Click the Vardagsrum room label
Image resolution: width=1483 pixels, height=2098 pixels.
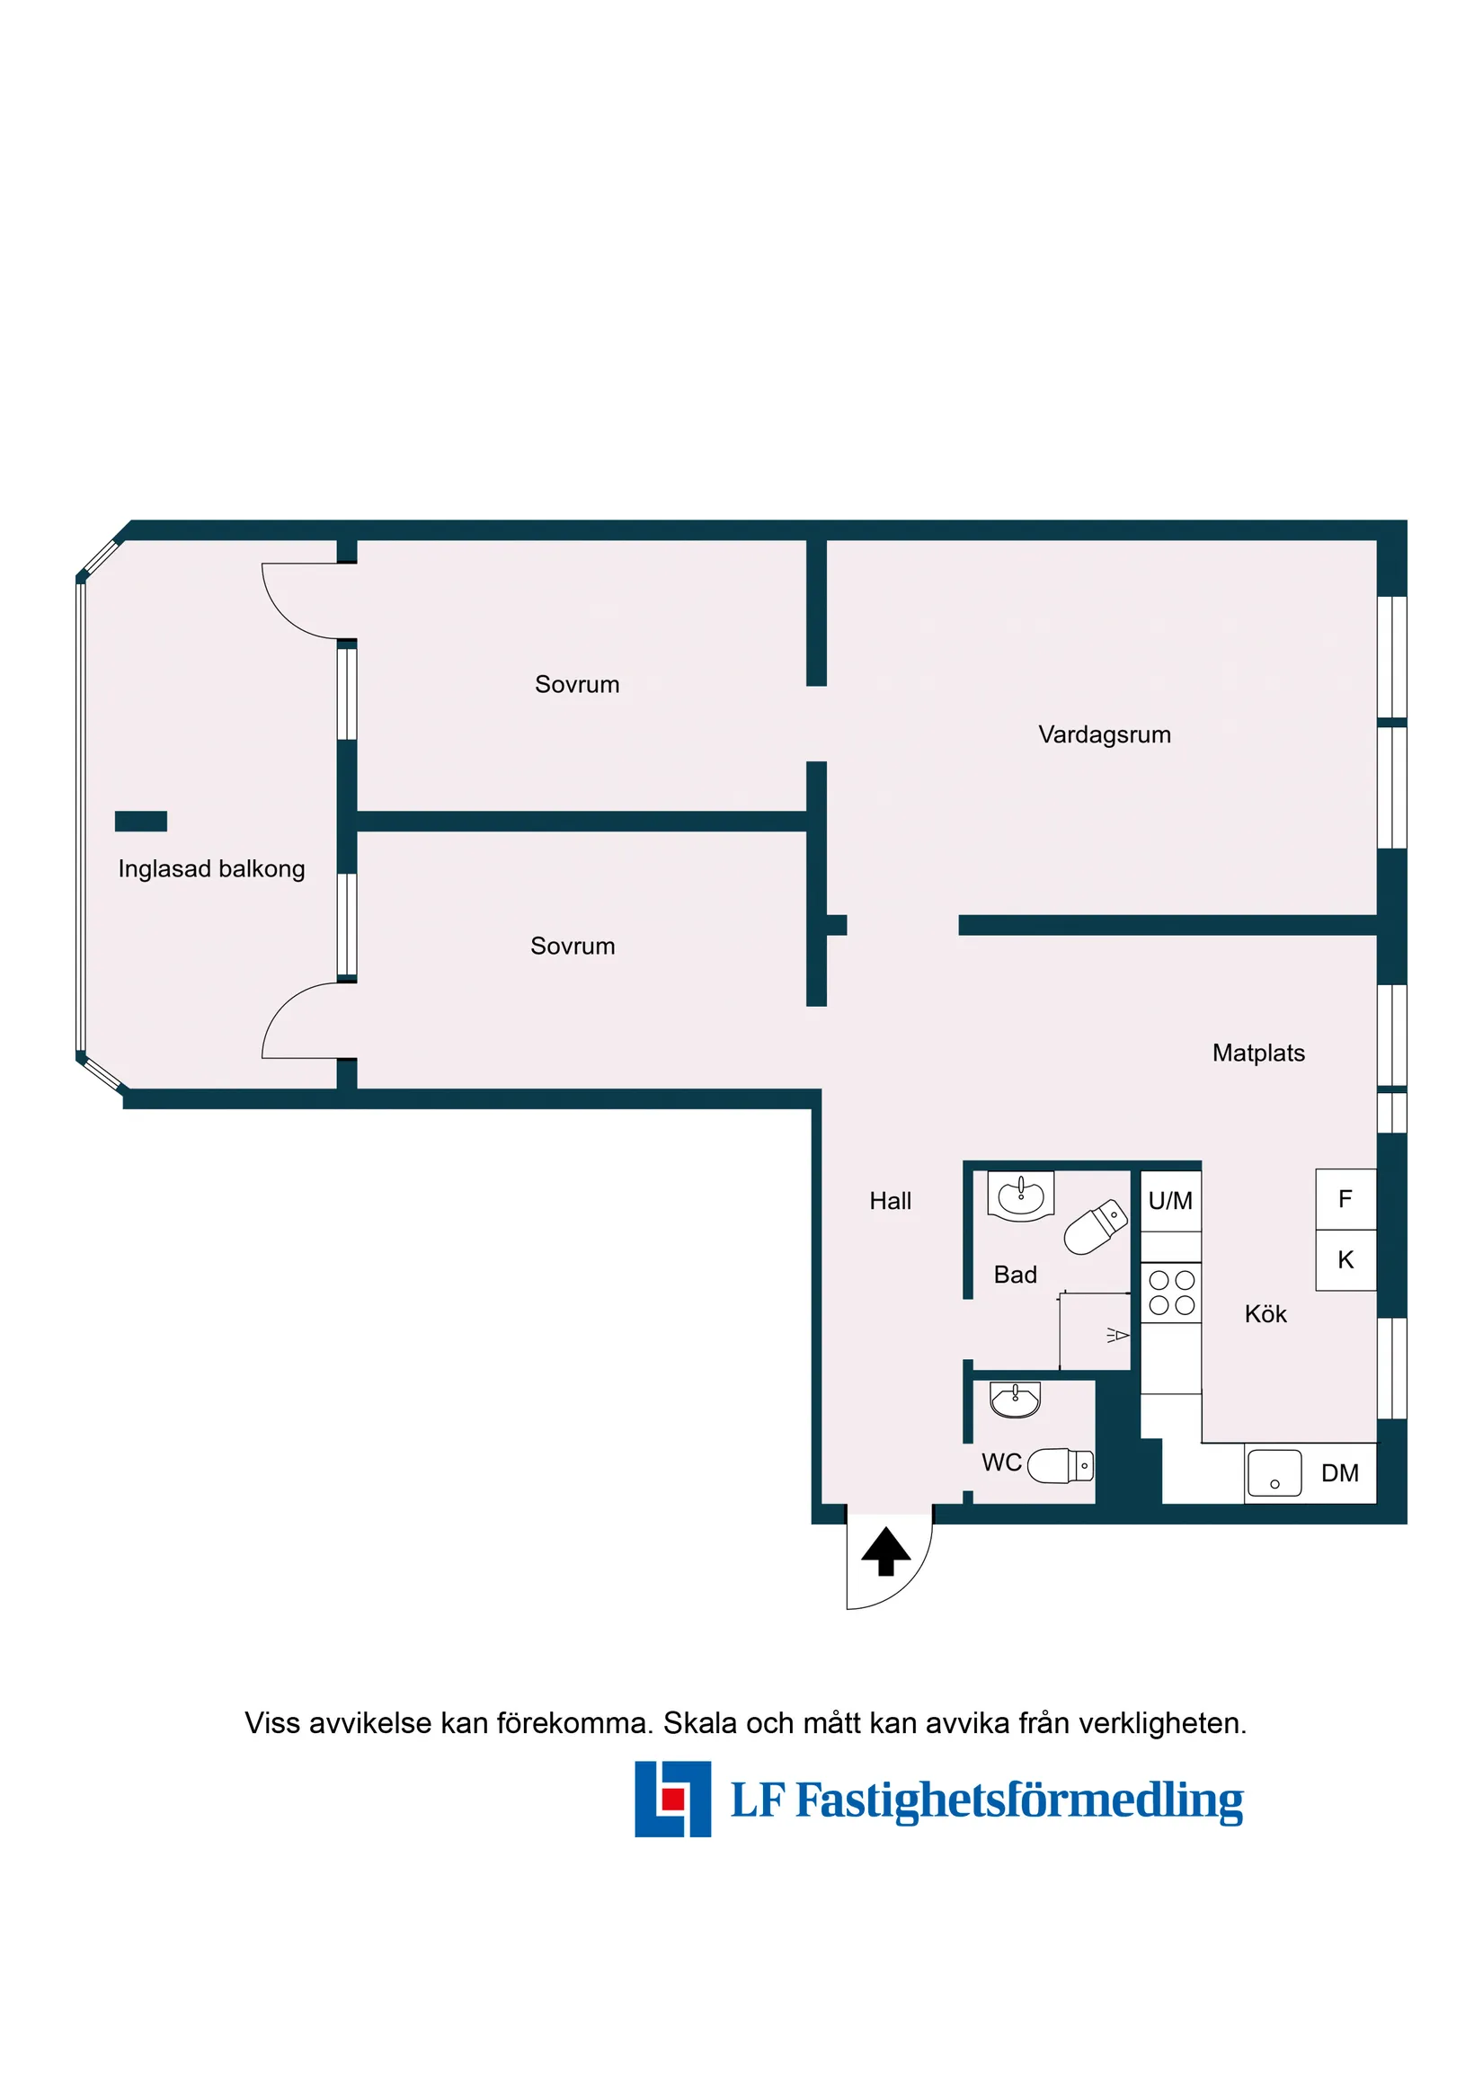[x=1104, y=734]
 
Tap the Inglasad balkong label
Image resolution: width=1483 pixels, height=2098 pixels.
[x=211, y=869]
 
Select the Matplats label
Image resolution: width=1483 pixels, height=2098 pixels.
[x=1258, y=1053]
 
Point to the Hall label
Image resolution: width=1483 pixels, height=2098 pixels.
[x=890, y=1201]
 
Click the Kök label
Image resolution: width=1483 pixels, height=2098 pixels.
[x=1265, y=1314]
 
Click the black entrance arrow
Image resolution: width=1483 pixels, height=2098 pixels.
[x=885, y=1551]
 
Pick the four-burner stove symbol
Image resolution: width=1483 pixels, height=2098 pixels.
[x=1171, y=1293]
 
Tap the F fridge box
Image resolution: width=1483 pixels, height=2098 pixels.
[x=1345, y=1199]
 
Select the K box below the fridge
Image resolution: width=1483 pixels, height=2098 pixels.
[x=1345, y=1260]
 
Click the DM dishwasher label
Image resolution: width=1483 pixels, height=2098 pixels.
[x=1339, y=1473]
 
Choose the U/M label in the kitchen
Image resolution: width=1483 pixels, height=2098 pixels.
[x=1170, y=1201]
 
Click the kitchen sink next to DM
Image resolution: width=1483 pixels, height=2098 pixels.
[x=1274, y=1473]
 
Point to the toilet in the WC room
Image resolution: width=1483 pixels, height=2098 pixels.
[x=1060, y=1466]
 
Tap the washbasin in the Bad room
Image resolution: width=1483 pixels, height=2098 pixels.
[x=1021, y=1196]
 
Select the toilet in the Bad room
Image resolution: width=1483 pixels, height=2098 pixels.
[x=1096, y=1227]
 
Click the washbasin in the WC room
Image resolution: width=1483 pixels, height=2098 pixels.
[x=1015, y=1399]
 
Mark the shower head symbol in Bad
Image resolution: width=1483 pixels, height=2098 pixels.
[x=1117, y=1335]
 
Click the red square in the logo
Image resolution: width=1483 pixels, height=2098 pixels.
[x=673, y=1799]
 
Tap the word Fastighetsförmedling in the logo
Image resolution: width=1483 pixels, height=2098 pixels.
[x=1019, y=1800]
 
